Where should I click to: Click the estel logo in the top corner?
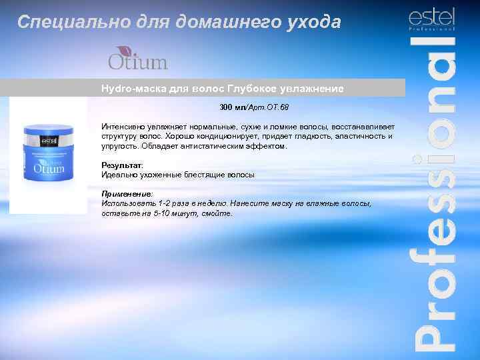point(431,19)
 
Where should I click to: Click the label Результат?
point(122,165)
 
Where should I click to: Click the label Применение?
point(127,193)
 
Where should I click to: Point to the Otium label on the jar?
point(47,166)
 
